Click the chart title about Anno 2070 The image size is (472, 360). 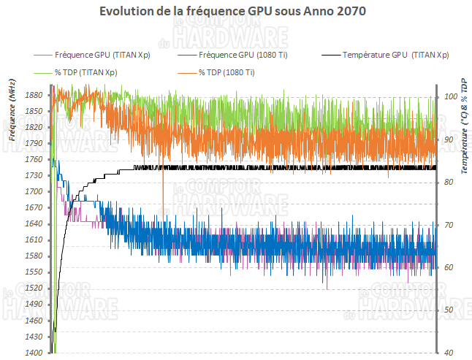(x=236, y=12)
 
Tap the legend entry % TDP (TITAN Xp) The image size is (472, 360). (x=85, y=72)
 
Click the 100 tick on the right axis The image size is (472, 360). (x=451, y=96)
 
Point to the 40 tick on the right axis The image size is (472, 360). (x=449, y=353)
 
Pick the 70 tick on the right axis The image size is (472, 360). (x=449, y=224)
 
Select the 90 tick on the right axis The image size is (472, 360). (x=449, y=139)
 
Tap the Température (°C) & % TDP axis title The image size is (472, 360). (x=464, y=126)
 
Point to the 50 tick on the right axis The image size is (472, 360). (x=449, y=310)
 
